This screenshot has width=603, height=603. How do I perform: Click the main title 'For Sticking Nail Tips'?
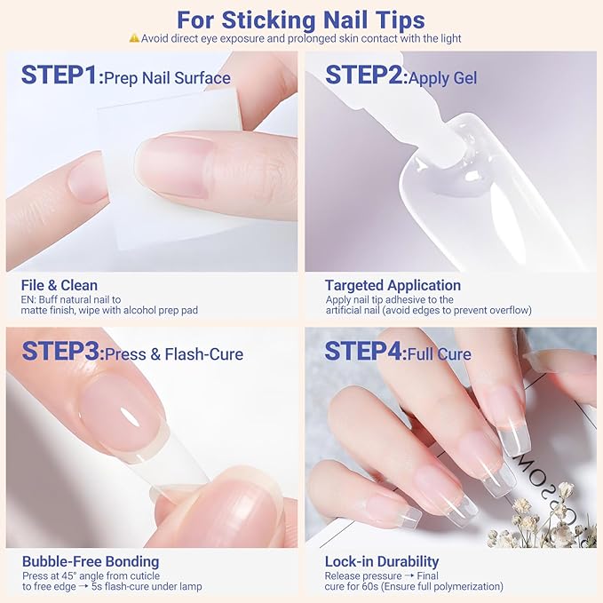pos(300,19)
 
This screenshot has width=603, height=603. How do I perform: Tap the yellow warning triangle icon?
pos(134,38)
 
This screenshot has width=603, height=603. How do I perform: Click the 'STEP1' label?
pos(60,75)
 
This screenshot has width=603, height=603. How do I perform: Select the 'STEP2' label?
pos(364,75)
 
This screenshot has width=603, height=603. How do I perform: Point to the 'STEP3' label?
pos(60,352)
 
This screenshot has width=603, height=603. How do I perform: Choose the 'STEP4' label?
pos(364,352)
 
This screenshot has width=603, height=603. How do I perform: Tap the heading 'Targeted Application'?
pos(393,286)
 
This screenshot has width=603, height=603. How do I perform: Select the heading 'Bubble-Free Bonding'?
pos(90,561)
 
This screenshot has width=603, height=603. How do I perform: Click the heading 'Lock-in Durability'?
pos(382,561)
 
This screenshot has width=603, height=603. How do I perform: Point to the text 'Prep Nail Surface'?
pos(167,78)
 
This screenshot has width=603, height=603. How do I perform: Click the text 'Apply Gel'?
pos(442,78)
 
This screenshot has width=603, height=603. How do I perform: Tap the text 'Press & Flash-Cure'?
pos(174,354)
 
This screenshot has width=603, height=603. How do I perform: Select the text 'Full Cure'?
pos(440,354)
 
